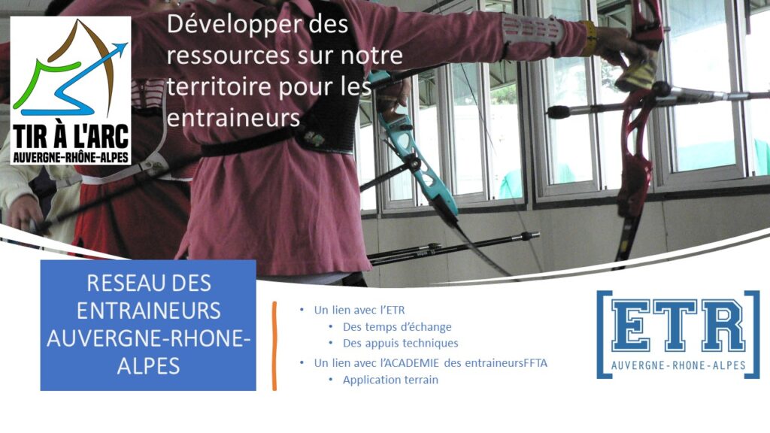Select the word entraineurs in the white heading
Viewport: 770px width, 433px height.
(x=233, y=117)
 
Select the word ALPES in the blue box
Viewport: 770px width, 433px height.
(x=148, y=366)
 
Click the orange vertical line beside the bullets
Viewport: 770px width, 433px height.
(x=274, y=346)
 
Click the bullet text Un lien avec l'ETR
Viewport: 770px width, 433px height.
(x=359, y=310)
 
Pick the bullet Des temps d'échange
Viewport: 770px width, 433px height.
(x=397, y=327)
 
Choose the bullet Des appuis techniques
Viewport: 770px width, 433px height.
(x=400, y=343)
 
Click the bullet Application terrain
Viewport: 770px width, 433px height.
(x=390, y=380)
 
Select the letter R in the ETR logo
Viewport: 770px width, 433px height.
(x=721, y=325)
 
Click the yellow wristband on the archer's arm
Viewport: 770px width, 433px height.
(x=589, y=38)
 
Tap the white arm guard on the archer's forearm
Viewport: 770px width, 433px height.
(x=532, y=33)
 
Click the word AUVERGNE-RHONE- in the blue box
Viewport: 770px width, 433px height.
(x=148, y=339)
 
